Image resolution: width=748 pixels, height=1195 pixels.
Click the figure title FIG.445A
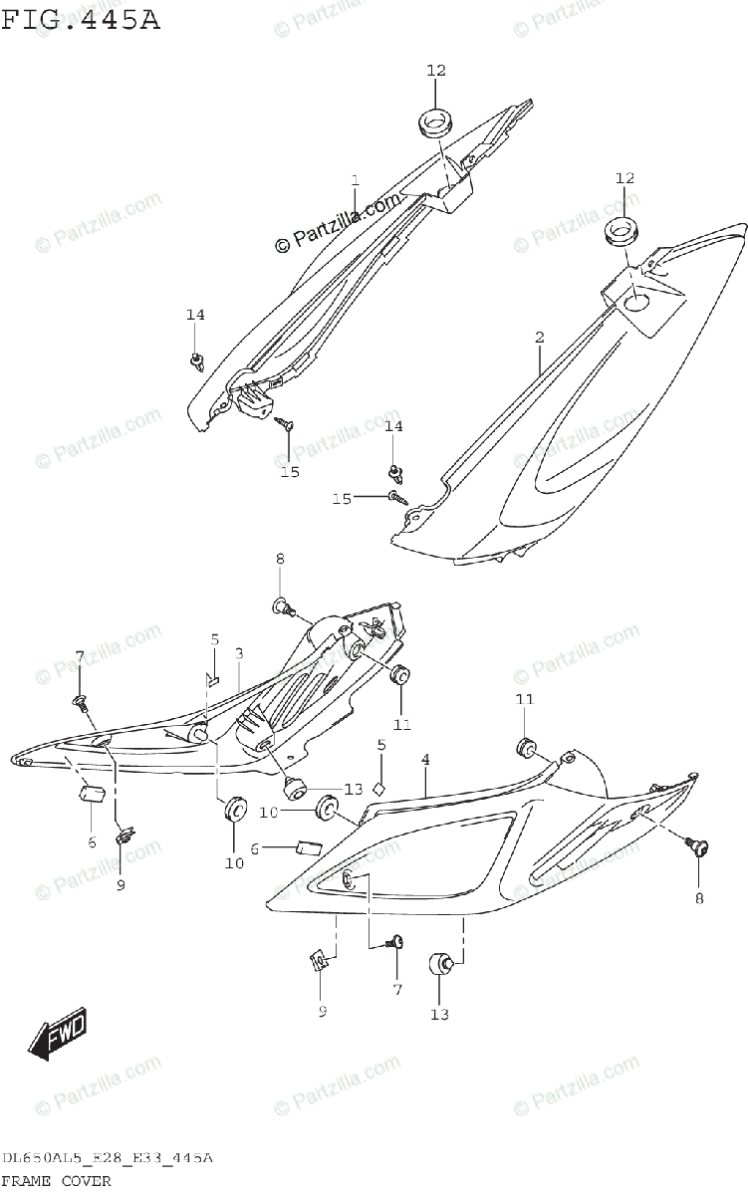81,20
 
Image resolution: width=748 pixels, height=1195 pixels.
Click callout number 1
354,180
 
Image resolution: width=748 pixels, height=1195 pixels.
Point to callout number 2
539,338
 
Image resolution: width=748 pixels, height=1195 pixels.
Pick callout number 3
239,653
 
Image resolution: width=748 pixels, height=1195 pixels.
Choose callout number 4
425,760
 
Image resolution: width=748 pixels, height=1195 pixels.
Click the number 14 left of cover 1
194,315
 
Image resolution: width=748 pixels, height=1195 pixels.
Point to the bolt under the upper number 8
283,604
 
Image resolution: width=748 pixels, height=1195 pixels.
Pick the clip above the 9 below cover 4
319,963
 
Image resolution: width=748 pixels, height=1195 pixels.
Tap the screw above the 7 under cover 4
396,941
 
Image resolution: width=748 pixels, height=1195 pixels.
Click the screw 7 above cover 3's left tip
81,702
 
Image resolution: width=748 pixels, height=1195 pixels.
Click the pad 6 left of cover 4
307,848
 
